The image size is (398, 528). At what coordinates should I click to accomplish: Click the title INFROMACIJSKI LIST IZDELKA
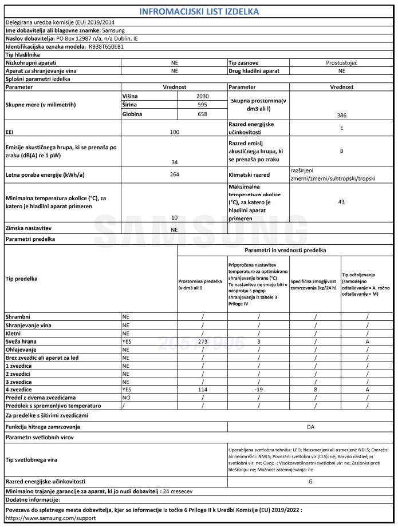pyautogui.click(x=199, y=11)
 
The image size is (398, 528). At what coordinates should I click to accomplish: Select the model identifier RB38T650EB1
pyautogui.click(x=107, y=46)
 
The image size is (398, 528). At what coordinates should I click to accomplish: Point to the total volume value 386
pyautogui.click(x=341, y=115)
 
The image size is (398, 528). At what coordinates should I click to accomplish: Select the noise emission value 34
pyautogui.click(x=175, y=162)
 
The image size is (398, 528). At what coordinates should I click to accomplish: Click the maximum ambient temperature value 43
pyautogui.click(x=341, y=202)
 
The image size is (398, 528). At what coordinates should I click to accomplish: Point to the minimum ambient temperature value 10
pyautogui.click(x=175, y=218)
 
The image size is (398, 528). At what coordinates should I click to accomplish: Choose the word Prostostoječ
pyautogui.click(x=341, y=62)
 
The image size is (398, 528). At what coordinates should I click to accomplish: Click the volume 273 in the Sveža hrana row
pyautogui.click(x=202, y=341)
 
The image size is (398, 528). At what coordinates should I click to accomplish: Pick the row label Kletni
pyautogui.click(x=14, y=332)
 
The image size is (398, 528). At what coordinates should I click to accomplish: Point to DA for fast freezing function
pyautogui.click(x=310, y=427)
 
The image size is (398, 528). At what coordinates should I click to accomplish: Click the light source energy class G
pyautogui.click(x=310, y=482)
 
